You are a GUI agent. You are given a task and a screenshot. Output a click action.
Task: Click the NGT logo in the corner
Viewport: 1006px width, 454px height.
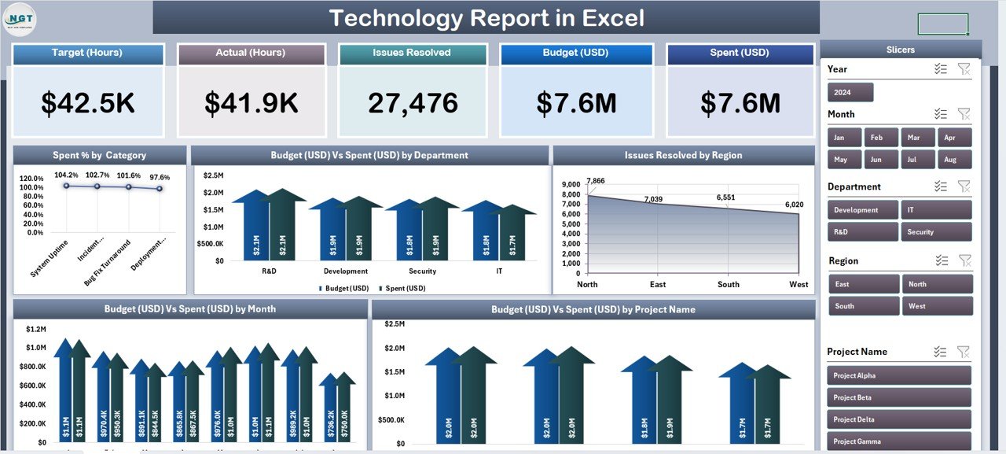tap(20, 19)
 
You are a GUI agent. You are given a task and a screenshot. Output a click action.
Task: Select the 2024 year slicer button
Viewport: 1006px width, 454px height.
tap(850, 93)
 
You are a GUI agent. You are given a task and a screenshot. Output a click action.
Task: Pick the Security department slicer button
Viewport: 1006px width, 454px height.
tap(937, 232)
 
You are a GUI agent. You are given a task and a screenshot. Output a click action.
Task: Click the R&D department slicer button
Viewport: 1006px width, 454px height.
tap(863, 232)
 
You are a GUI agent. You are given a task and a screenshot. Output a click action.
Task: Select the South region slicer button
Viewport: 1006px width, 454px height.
tap(863, 306)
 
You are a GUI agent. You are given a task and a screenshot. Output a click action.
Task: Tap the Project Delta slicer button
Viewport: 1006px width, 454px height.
tap(899, 419)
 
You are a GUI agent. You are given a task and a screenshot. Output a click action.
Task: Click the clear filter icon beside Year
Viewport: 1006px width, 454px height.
tap(964, 69)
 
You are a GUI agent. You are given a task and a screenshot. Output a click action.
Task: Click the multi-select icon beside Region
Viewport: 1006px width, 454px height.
tap(941, 260)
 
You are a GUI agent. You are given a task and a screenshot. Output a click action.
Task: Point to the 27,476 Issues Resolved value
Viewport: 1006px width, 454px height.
tap(413, 103)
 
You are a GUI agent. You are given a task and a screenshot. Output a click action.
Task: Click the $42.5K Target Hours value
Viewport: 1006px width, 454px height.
tap(88, 103)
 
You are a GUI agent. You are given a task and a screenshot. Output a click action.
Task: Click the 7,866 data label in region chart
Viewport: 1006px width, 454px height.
tap(596, 181)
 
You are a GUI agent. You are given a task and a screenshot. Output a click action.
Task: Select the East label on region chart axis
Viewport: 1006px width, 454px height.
tap(658, 284)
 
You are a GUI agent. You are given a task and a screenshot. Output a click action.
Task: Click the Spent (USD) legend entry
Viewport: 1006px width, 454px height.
tap(404, 288)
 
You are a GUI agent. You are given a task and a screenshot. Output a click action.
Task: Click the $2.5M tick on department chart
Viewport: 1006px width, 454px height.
tap(213, 175)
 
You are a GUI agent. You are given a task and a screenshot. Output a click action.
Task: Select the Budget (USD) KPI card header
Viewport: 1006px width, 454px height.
tap(576, 54)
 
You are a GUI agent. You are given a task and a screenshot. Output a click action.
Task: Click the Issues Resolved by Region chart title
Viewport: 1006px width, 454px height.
tap(683, 155)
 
